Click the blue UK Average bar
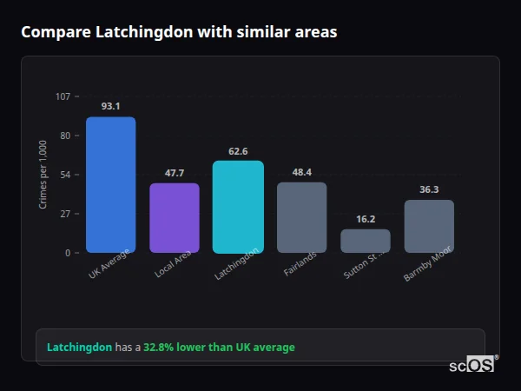[x=110, y=184]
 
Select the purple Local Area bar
[x=175, y=217]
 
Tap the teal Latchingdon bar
[x=238, y=207]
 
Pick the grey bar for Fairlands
[x=301, y=217]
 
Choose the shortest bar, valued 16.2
[x=366, y=241]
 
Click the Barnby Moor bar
[x=429, y=226]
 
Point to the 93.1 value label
[x=110, y=106]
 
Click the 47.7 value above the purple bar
[x=175, y=173]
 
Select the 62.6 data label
[x=238, y=151]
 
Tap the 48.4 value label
[x=301, y=172]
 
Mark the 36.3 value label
[x=429, y=189]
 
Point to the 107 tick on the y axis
[x=63, y=96]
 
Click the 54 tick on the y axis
[x=65, y=175]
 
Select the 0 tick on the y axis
[x=68, y=253]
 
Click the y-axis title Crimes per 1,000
[x=43, y=174]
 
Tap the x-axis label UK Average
[x=109, y=266]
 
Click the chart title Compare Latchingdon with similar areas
[x=179, y=32]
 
